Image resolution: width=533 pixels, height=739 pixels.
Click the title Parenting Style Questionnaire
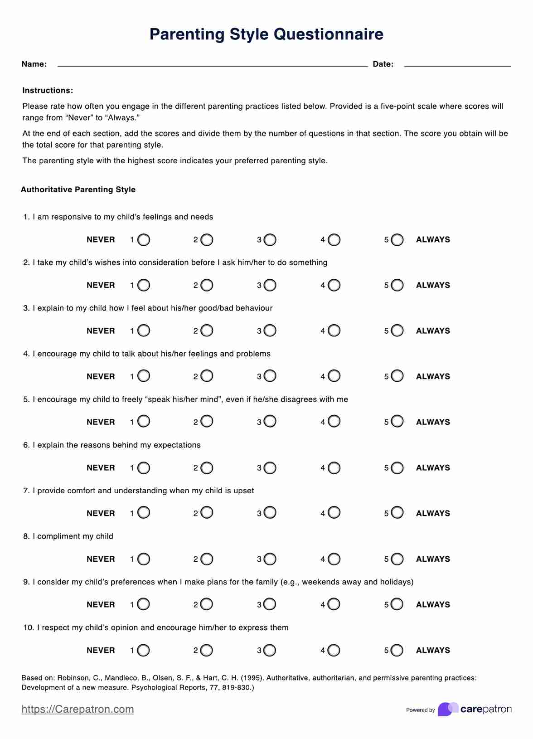(266, 34)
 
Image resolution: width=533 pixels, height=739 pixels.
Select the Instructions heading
(48, 91)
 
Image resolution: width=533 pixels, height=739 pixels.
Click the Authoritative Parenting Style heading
(78, 190)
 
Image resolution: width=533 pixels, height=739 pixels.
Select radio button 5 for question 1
(397, 240)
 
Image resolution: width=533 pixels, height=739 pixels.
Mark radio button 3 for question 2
(270, 285)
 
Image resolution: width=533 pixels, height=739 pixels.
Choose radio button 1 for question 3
(144, 331)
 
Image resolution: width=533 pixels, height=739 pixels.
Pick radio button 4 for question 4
(334, 376)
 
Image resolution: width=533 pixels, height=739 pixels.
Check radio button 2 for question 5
(207, 422)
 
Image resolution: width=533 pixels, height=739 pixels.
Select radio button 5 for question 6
(397, 468)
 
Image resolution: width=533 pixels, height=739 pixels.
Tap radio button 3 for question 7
(270, 513)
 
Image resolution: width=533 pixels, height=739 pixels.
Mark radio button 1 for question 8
(144, 559)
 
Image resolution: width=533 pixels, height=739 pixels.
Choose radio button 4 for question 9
(334, 604)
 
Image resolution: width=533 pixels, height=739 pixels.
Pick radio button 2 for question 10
(207, 651)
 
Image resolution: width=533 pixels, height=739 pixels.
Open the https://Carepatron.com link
(78, 710)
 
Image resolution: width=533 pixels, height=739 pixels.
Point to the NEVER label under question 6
(101, 468)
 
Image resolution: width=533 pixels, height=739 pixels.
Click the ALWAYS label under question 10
(433, 650)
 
